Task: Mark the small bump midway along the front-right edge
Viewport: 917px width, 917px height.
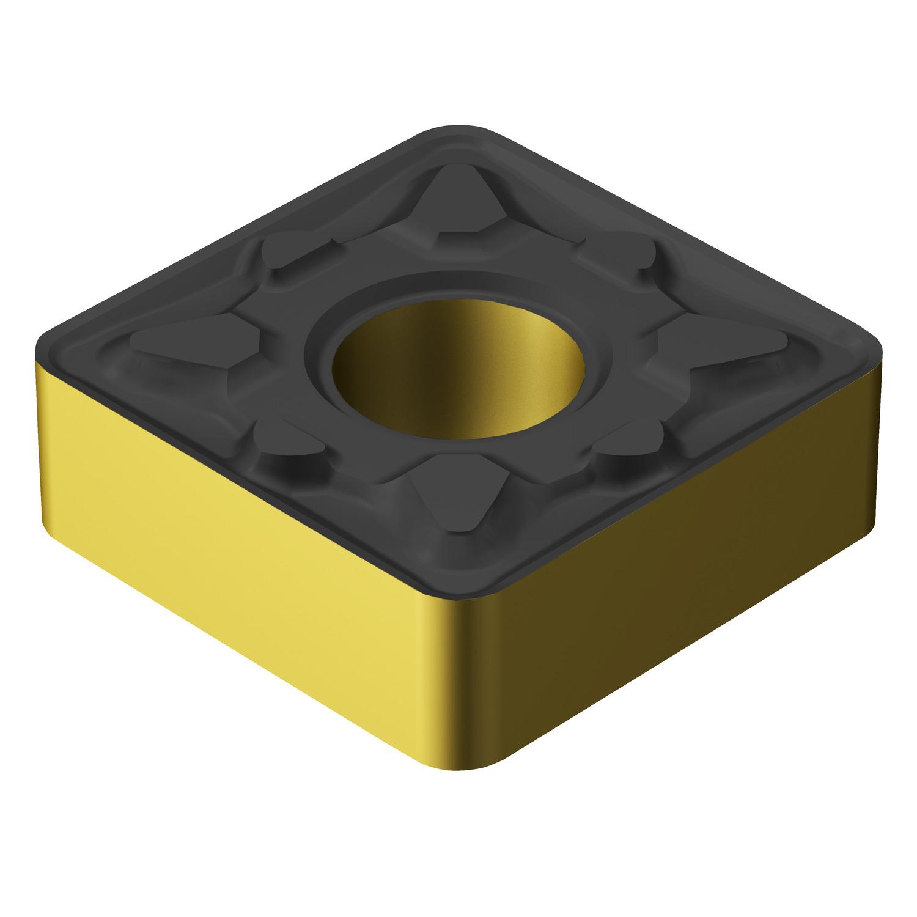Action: (x=630, y=446)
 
